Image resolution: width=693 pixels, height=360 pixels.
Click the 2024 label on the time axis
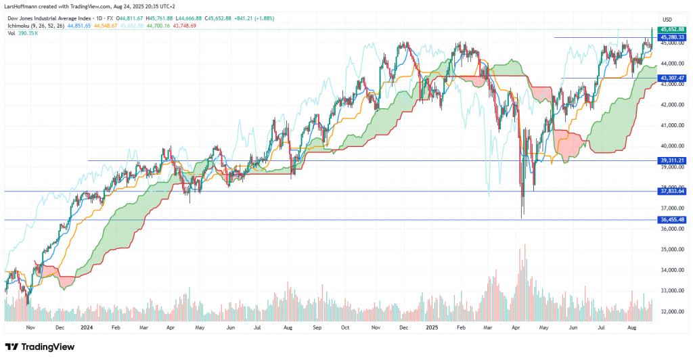tap(86, 327)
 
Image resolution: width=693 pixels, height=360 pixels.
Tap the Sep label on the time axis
tap(317, 327)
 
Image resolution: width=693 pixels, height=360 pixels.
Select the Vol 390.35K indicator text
tap(21, 33)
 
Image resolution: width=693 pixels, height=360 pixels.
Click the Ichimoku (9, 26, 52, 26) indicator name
tap(35, 25)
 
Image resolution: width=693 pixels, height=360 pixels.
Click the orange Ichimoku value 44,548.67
tap(106, 25)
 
